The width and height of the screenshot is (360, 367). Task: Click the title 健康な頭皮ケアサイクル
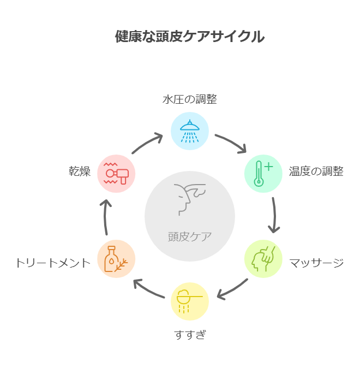pos(190,37)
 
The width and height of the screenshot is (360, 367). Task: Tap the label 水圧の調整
pos(190,99)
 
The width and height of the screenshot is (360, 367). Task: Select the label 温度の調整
pos(316,171)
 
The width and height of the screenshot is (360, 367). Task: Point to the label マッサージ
pos(316,263)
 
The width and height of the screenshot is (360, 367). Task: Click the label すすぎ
pos(190,334)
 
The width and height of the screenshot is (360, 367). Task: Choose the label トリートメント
pos(53,263)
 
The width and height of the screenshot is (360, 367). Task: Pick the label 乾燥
pos(80,171)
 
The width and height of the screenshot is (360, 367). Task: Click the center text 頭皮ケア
pos(190,236)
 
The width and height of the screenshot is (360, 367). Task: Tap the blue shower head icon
pos(190,131)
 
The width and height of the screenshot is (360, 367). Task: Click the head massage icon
pos(263,259)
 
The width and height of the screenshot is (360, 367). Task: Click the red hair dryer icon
pos(116,174)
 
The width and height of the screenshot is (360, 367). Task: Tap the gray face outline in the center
pos(190,199)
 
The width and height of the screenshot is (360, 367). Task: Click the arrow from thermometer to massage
pos(274,215)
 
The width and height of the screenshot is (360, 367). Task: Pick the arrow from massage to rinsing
pos(232,290)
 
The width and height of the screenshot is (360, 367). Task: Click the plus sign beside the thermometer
pos(269,167)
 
